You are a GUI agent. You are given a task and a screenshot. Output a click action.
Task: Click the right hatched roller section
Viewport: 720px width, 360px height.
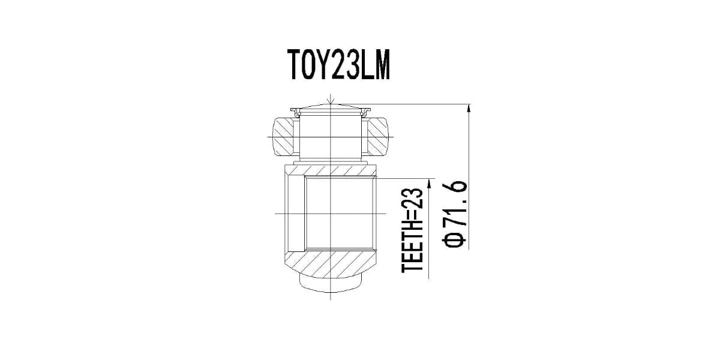[378, 136]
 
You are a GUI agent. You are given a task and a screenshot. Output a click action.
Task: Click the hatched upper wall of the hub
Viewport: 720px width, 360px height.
[331, 170]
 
